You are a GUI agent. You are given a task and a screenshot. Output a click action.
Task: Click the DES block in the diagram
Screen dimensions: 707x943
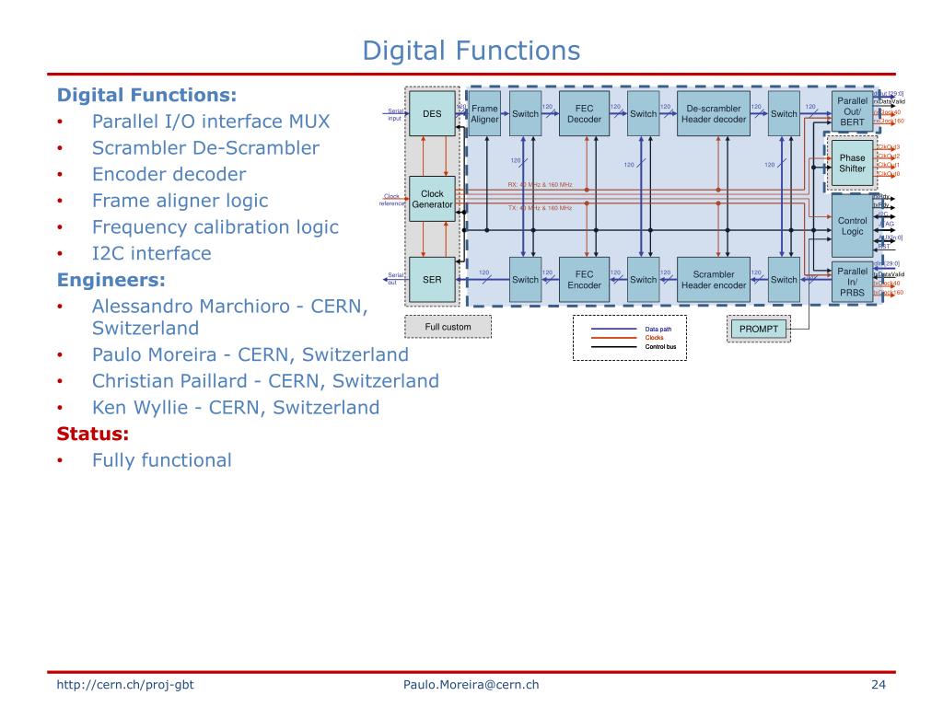pos(432,114)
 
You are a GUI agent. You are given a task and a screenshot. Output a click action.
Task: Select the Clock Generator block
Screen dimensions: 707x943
pos(432,199)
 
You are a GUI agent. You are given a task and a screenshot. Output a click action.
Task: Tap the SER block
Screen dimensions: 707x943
pos(432,280)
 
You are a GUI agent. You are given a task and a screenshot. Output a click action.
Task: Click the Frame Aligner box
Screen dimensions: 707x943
pos(484,114)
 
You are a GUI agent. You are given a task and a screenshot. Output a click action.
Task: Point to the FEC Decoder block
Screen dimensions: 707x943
pos(584,114)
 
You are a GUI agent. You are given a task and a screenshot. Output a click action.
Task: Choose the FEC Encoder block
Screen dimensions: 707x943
pos(584,280)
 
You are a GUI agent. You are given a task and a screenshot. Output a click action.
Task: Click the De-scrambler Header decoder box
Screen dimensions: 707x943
pos(714,114)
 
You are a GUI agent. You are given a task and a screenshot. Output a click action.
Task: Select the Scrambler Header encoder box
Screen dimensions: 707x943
pos(714,280)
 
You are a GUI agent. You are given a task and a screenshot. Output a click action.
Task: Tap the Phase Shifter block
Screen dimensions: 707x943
pos(853,163)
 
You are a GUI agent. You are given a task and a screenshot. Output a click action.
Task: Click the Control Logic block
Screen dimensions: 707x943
pos(853,226)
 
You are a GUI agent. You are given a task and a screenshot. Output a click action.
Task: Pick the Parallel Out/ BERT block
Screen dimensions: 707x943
pos(853,110)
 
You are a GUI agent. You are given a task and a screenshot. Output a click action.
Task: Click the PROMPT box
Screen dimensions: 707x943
pos(759,329)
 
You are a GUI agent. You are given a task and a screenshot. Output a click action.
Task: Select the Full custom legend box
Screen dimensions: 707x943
pos(448,327)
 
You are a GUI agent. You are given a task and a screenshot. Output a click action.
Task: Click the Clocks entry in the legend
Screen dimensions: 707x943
pos(654,338)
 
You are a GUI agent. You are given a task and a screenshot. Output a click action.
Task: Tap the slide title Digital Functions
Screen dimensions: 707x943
pos(471,50)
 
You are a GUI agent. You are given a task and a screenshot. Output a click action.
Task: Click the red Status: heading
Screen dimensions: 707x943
pos(93,434)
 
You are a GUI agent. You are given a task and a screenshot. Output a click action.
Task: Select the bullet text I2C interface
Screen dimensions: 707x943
pos(151,253)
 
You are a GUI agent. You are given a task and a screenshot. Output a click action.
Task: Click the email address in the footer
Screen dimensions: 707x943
pos(471,684)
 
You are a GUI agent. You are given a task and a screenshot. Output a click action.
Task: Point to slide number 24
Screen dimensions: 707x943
pos(878,684)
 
